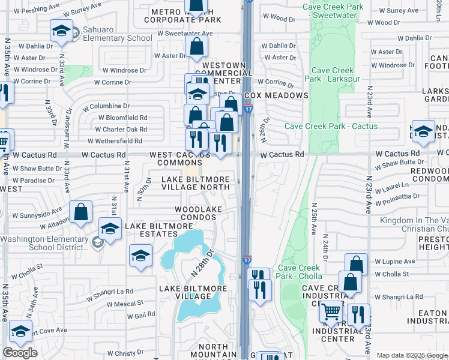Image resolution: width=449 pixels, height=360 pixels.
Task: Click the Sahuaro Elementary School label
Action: coord(114,38)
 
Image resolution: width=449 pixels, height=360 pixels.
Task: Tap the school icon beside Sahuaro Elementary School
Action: coord(61,31)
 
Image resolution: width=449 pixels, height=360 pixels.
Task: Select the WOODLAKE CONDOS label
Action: coord(198,214)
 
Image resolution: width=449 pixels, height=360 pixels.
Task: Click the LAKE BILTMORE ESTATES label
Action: coord(158,230)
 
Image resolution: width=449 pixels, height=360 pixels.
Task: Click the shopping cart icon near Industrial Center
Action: coord(331,312)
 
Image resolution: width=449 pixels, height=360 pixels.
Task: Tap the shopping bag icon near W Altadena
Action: coord(81,212)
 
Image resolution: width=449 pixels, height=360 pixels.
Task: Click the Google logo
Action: coord(20,353)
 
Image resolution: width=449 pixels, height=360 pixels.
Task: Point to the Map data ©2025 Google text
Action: coord(412,355)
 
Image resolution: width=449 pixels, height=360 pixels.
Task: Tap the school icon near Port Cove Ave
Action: coord(20,332)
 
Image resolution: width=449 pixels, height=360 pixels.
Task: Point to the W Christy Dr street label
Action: coord(127,354)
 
